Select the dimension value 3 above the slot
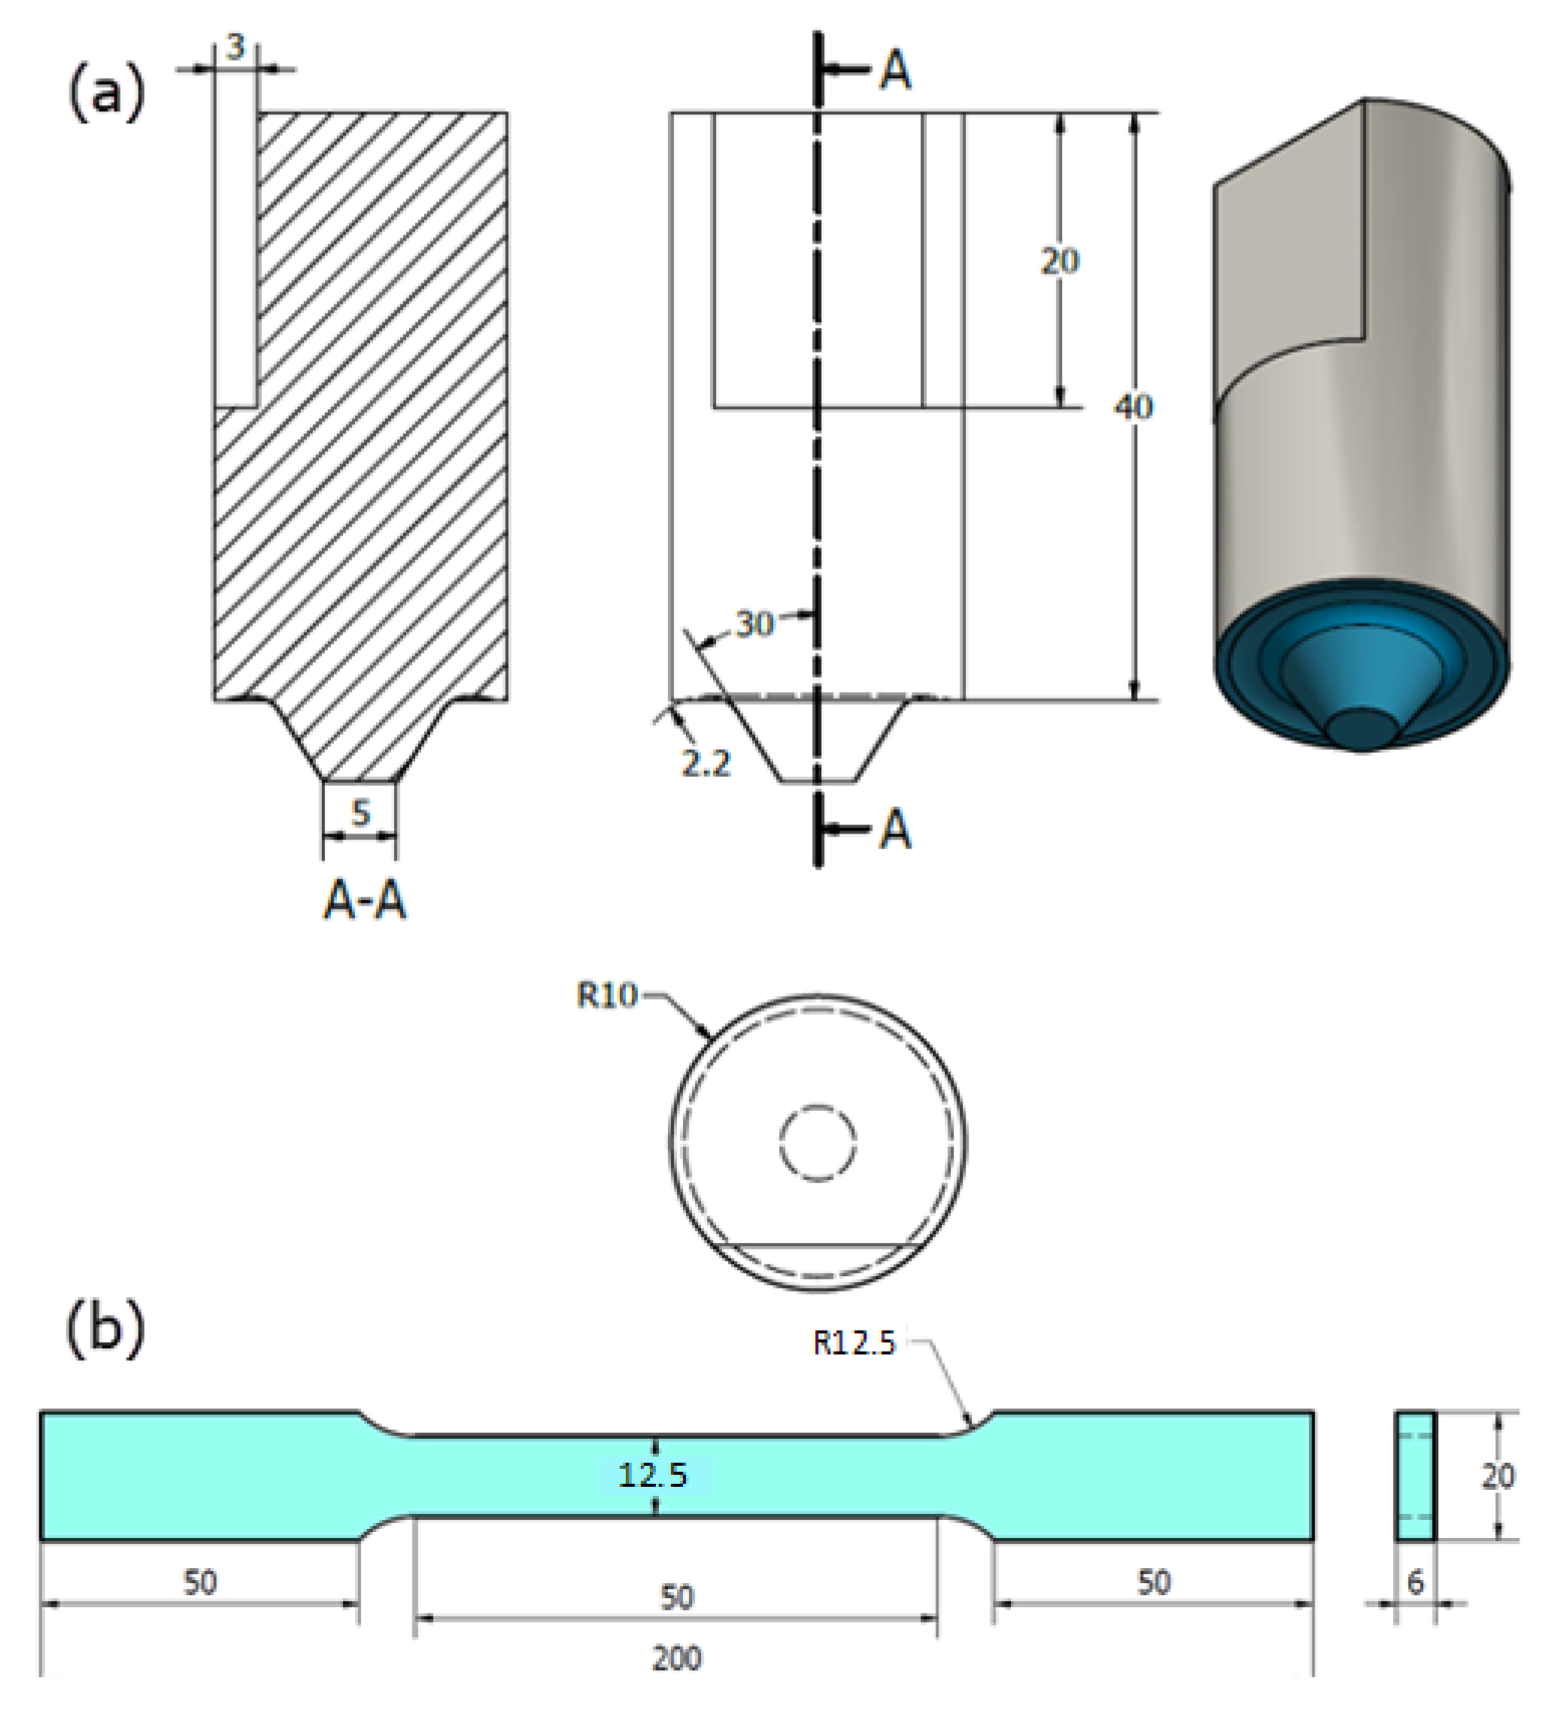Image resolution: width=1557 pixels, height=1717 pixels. tap(235, 47)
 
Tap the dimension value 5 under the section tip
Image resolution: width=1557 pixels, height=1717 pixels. tap(360, 813)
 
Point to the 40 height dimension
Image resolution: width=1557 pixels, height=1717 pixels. tap(1133, 407)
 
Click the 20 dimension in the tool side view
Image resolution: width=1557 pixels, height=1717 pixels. tap(1060, 261)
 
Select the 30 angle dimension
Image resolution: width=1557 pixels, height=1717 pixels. tap(754, 624)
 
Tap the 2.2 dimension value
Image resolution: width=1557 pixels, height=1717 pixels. tap(706, 764)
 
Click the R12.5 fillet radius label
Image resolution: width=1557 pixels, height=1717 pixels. tap(854, 1343)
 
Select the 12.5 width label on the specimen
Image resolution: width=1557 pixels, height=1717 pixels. tap(652, 1474)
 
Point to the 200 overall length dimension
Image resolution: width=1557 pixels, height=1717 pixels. tap(676, 1658)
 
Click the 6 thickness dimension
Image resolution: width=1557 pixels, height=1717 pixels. tap(1415, 1582)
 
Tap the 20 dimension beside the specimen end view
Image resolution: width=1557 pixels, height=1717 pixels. tap(1498, 1476)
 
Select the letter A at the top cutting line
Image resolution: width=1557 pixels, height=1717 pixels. tap(895, 71)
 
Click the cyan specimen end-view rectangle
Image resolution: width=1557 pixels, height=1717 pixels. tap(1415, 1476)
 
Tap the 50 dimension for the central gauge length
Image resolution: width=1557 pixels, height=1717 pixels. tap(676, 1596)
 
